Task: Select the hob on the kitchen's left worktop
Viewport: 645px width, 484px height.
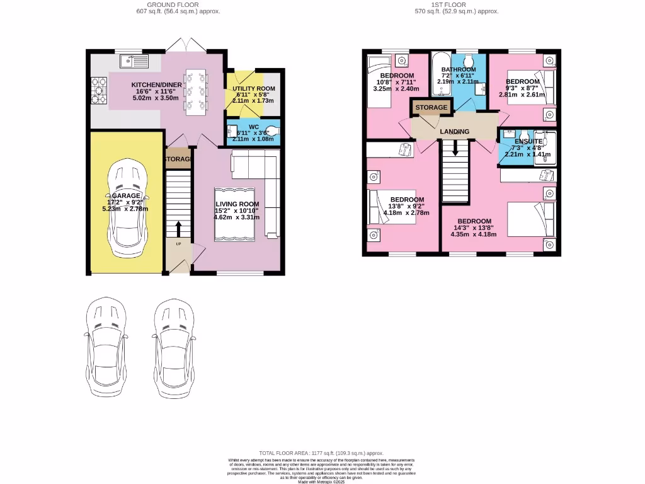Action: click(x=100, y=89)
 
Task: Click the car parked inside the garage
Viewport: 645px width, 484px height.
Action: click(x=127, y=207)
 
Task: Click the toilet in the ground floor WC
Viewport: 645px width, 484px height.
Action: click(x=271, y=132)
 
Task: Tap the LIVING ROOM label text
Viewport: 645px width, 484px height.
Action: click(x=237, y=204)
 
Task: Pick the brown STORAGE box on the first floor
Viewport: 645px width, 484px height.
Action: click(x=431, y=108)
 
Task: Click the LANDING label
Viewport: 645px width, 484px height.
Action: click(x=454, y=131)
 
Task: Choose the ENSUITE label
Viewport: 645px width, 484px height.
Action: click(x=528, y=142)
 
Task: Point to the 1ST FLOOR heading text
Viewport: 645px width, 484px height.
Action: click(x=448, y=4)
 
